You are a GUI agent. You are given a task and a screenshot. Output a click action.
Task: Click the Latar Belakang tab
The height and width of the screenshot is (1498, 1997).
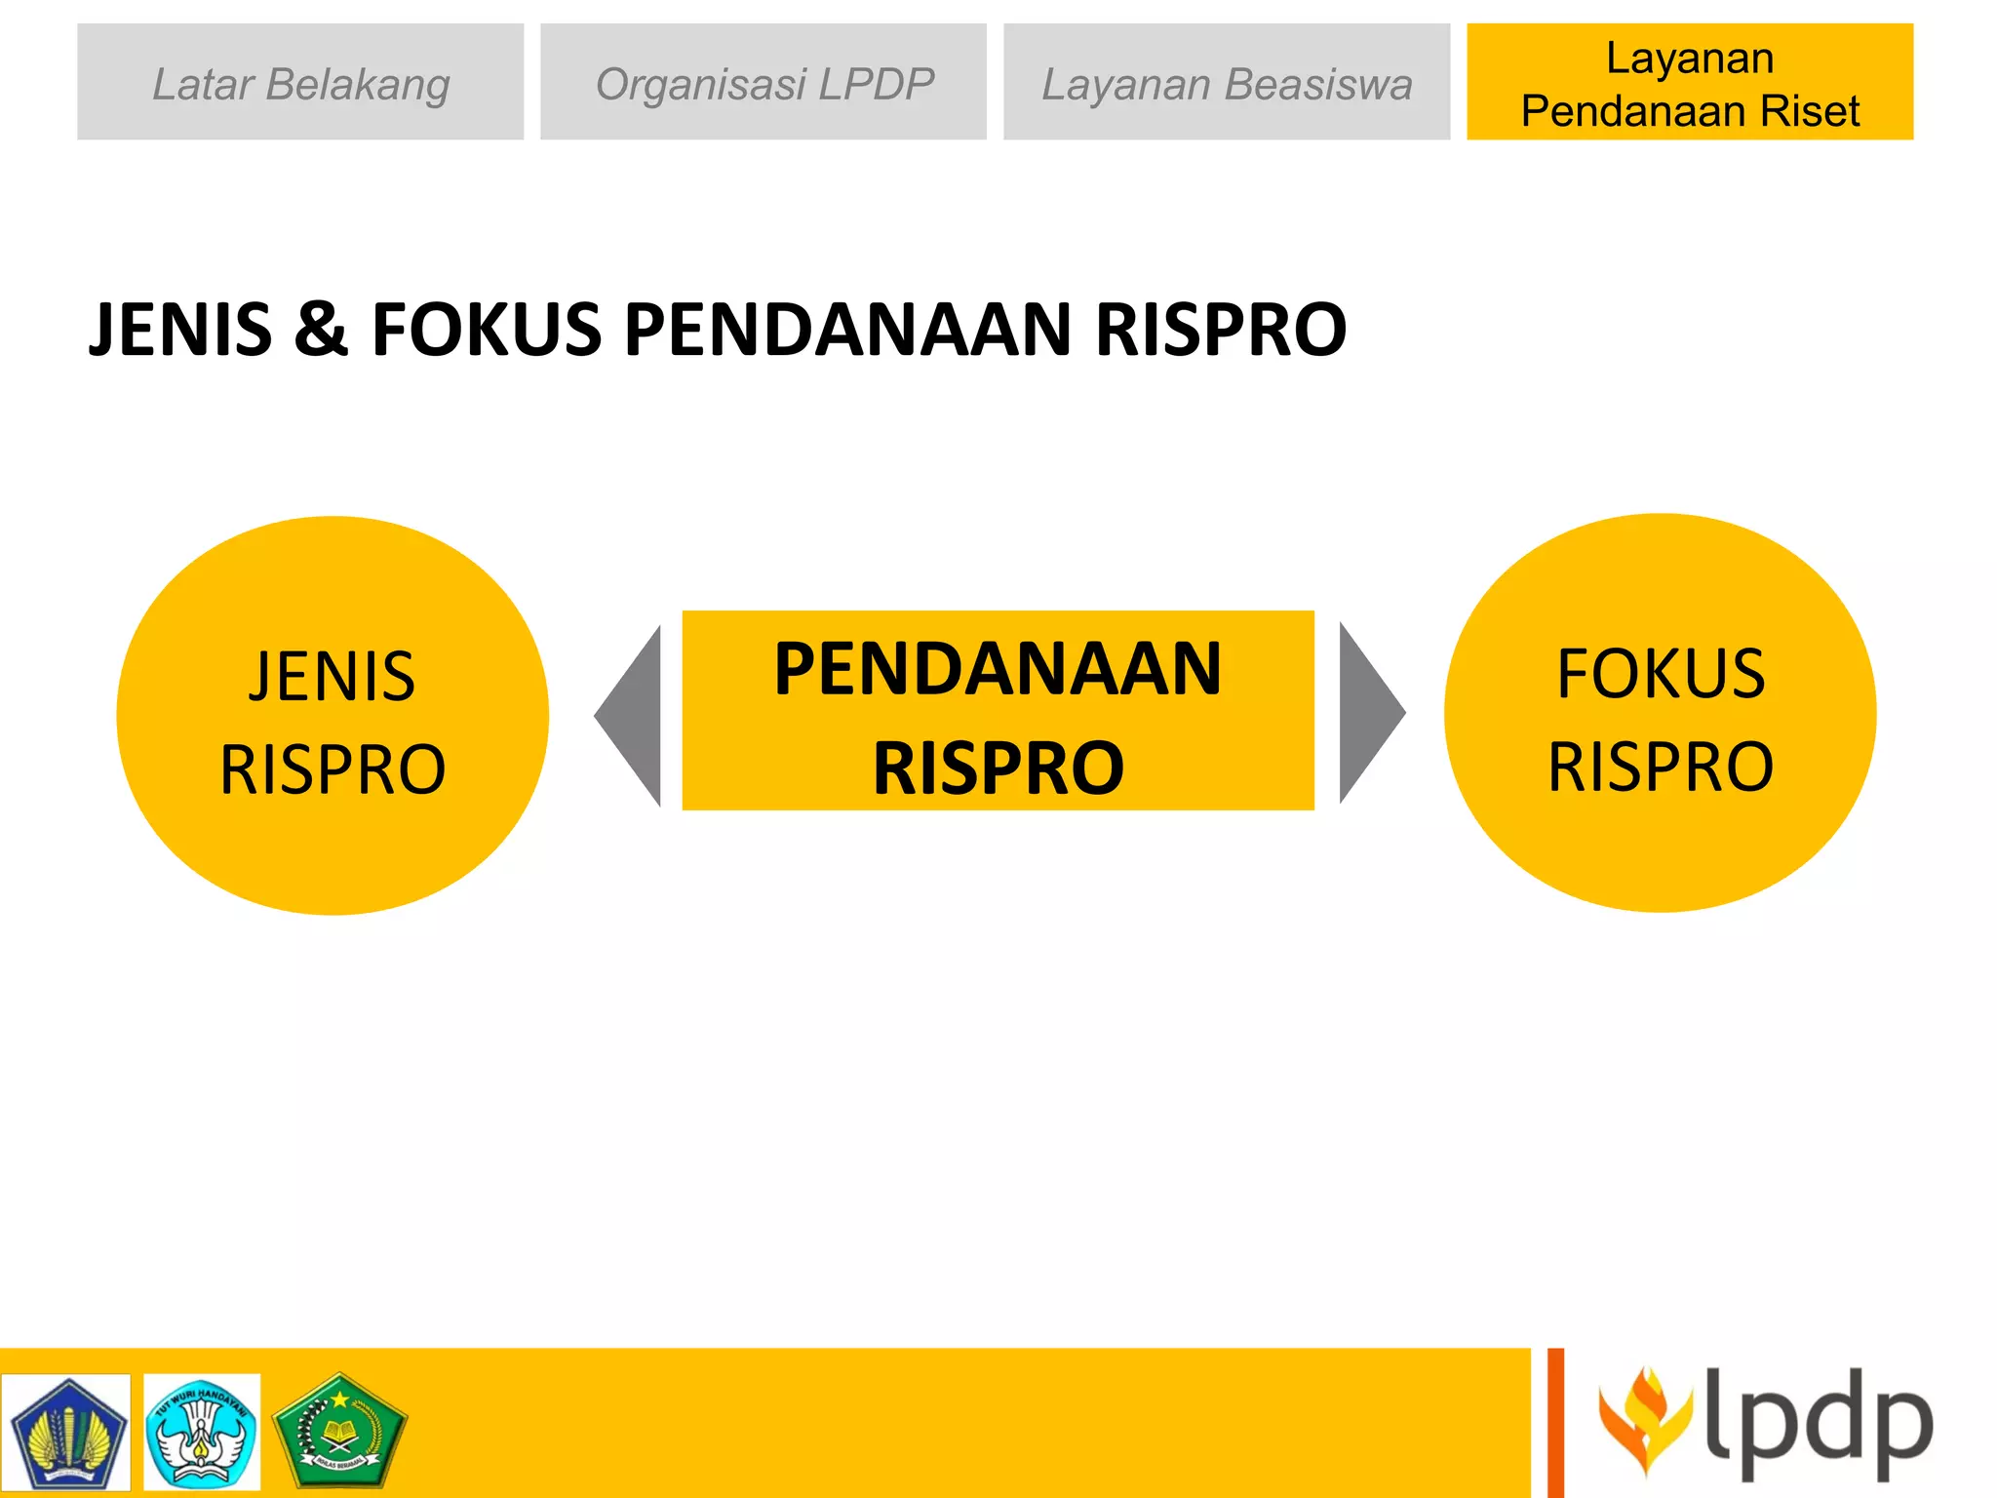[300, 82]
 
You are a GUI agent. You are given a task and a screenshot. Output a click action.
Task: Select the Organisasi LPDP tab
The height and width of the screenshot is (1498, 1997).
[764, 82]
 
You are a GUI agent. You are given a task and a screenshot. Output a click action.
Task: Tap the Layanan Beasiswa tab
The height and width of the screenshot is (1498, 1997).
[1227, 82]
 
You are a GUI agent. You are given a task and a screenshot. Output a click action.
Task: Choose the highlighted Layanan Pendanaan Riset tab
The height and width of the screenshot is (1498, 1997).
[1690, 82]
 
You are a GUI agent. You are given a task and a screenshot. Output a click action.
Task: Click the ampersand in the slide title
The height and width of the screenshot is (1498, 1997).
[321, 329]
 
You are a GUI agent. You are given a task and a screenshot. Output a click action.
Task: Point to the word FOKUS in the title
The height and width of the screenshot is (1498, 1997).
[487, 329]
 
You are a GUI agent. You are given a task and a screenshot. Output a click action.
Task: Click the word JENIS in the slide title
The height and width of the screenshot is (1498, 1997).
[180, 329]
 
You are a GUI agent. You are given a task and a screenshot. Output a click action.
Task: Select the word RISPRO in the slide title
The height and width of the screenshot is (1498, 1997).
[1221, 329]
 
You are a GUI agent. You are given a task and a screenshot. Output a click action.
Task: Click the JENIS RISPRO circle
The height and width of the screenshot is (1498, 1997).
[333, 716]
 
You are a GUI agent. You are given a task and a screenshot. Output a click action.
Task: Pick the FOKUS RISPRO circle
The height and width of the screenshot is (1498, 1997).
[1660, 713]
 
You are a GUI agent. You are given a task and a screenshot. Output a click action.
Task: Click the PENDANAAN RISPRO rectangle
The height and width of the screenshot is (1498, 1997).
[998, 711]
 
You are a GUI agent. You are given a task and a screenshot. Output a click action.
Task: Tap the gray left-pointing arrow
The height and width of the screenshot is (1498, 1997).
[634, 716]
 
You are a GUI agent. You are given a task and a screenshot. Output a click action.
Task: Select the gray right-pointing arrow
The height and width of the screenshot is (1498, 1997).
[1367, 713]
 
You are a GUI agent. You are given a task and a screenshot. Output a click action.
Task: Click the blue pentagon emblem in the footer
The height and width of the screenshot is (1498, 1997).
[66, 1432]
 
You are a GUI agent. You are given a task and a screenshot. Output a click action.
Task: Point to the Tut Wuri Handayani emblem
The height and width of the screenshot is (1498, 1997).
[202, 1432]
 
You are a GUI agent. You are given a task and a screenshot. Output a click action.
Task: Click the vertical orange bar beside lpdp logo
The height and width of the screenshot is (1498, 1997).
[1555, 1423]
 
